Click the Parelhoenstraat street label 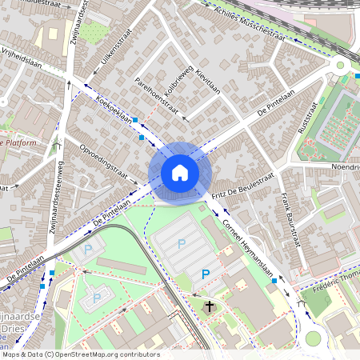coord(156,94)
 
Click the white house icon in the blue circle coord(180,172)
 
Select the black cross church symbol coord(210,306)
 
